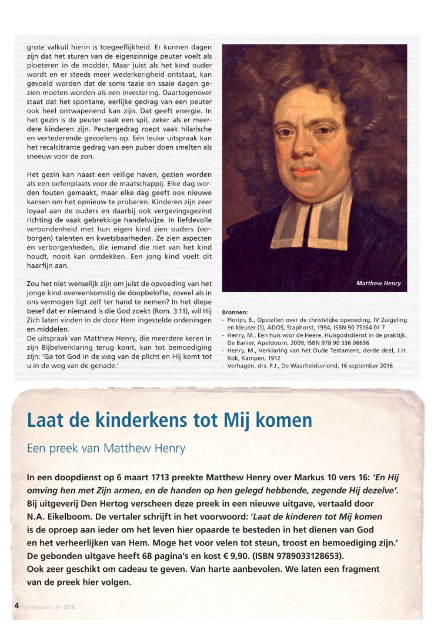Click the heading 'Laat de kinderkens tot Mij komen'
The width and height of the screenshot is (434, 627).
(170, 420)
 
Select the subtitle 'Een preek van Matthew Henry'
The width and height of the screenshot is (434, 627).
(106, 449)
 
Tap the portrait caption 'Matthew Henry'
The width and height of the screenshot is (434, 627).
(378, 284)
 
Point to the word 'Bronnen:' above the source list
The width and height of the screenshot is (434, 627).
(235, 312)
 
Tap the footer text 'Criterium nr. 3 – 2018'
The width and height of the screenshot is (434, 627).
(51, 606)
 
